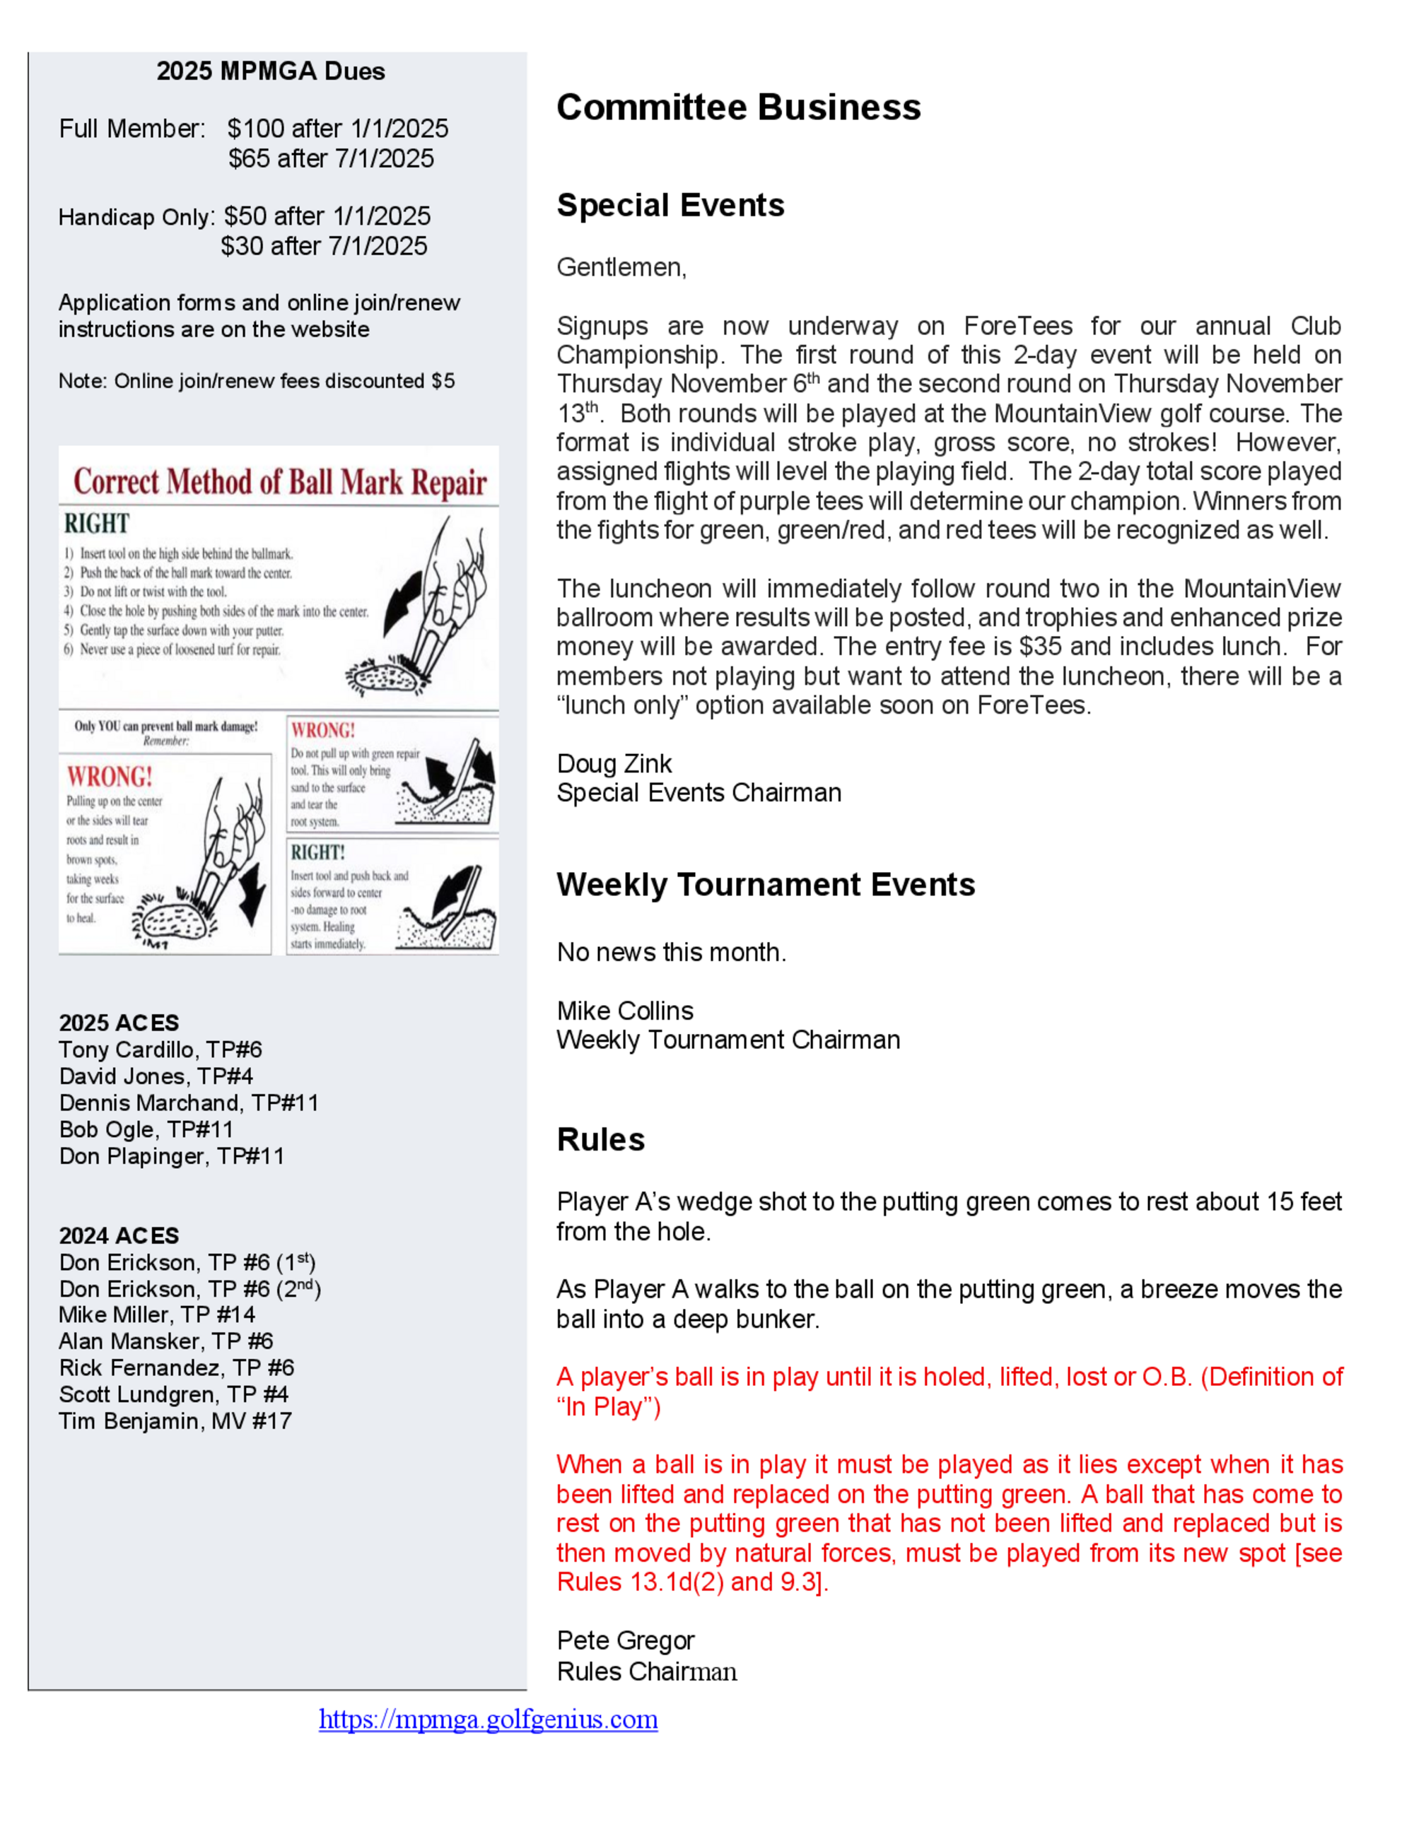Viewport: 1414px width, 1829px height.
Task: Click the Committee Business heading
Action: click(738, 108)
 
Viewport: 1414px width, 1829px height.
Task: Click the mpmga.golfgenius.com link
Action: click(489, 1719)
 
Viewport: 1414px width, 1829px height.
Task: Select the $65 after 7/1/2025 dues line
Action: click(331, 158)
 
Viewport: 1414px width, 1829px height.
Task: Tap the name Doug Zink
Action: click(614, 764)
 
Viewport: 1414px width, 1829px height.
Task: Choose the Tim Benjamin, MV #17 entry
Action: click(175, 1421)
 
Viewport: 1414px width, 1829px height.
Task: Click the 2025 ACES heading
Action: click(119, 1023)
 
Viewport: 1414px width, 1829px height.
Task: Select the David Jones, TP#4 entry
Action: click(156, 1076)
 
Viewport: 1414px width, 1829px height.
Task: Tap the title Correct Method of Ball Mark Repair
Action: click(280, 483)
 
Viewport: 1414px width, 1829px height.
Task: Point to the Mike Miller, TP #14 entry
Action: click(157, 1315)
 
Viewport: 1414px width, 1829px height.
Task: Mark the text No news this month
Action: click(671, 952)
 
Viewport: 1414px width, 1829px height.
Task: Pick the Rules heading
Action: click(601, 1140)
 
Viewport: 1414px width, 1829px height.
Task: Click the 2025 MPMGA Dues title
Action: click(271, 71)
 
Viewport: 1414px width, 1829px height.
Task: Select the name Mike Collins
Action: click(625, 1011)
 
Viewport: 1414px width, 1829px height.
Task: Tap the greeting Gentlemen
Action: click(621, 267)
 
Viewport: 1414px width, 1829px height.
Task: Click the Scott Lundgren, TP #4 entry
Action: click(173, 1394)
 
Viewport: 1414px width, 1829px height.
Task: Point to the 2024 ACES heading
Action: click(119, 1235)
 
